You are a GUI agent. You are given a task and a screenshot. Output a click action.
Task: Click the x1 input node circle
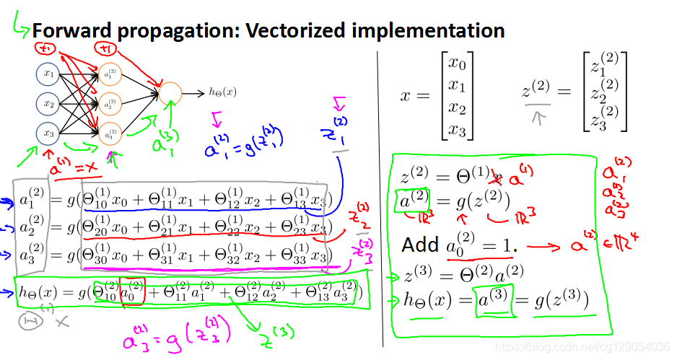tap(49, 74)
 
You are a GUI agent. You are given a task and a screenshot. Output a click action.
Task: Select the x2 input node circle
tap(49, 104)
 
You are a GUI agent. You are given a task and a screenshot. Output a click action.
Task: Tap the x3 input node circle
tap(49, 134)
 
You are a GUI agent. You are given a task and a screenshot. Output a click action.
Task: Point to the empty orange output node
tap(170, 93)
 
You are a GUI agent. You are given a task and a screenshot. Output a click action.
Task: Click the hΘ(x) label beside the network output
tap(222, 92)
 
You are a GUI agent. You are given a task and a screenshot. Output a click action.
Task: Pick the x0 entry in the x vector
tap(456, 63)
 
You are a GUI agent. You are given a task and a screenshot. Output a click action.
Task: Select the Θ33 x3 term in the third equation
tap(310, 258)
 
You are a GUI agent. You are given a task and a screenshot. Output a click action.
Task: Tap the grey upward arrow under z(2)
tap(536, 115)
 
